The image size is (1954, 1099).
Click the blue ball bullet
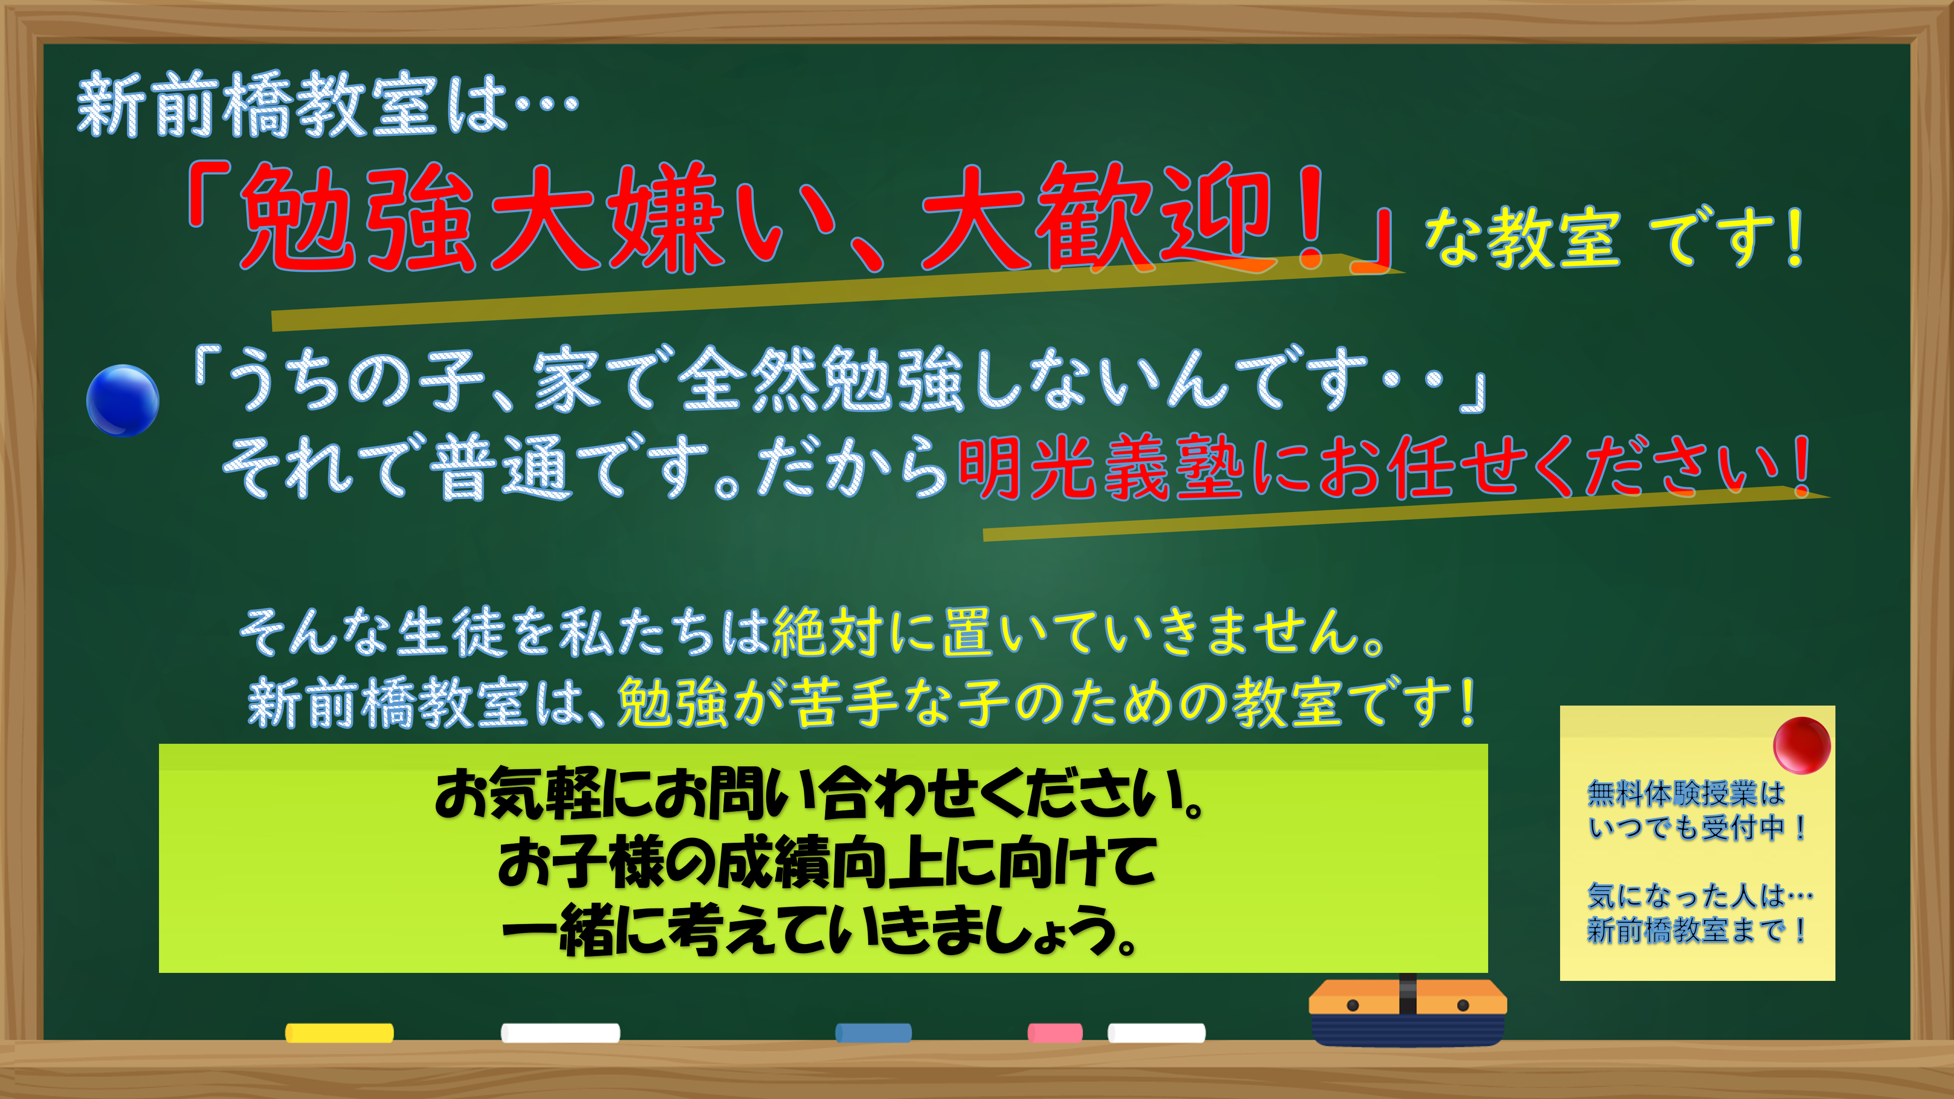tap(123, 401)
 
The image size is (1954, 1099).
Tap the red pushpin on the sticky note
tap(1802, 745)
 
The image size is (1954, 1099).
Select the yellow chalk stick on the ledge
tap(339, 1032)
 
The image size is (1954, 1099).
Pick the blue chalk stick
tap(873, 1032)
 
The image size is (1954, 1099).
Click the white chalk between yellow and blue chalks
tap(560, 1032)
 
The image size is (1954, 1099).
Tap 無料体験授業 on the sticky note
tap(1672, 794)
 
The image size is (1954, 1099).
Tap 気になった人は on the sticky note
tap(1687, 896)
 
